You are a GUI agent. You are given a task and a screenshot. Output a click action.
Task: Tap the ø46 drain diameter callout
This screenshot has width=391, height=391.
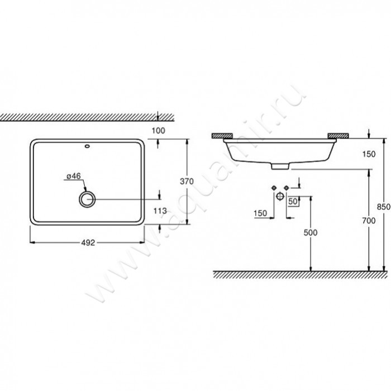74,177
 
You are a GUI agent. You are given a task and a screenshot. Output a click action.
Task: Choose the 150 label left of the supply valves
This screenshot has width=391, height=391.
260,212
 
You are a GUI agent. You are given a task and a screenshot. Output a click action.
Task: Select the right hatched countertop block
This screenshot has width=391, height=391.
339,135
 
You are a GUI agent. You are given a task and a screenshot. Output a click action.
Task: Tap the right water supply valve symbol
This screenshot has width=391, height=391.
287,187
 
